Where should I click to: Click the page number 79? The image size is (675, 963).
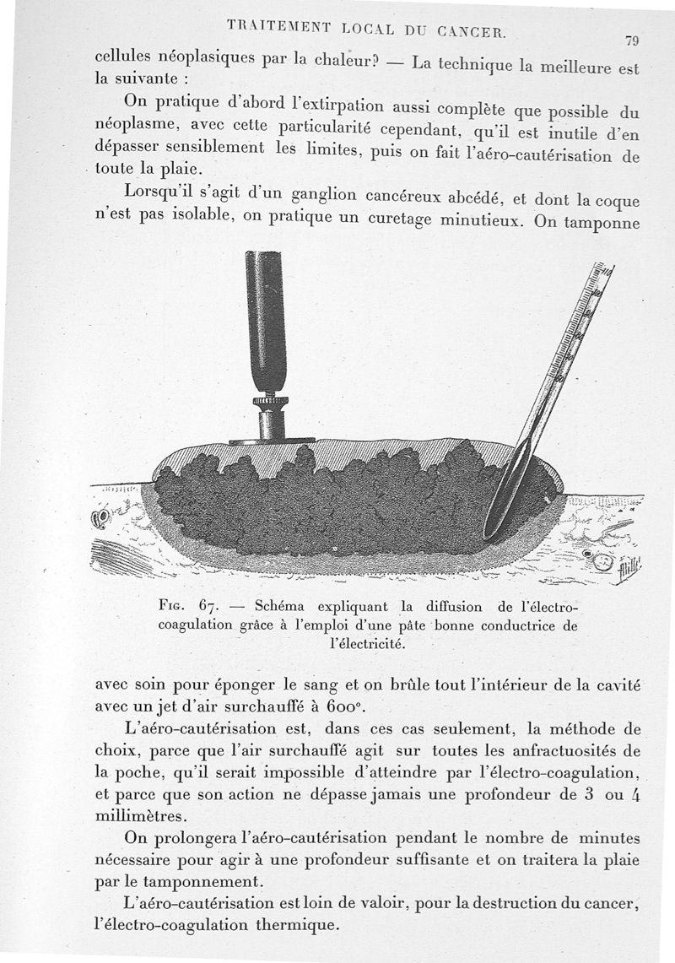click(x=632, y=40)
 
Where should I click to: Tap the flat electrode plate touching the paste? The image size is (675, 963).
click(x=272, y=441)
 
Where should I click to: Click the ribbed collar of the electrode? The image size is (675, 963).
click(x=270, y=400)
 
